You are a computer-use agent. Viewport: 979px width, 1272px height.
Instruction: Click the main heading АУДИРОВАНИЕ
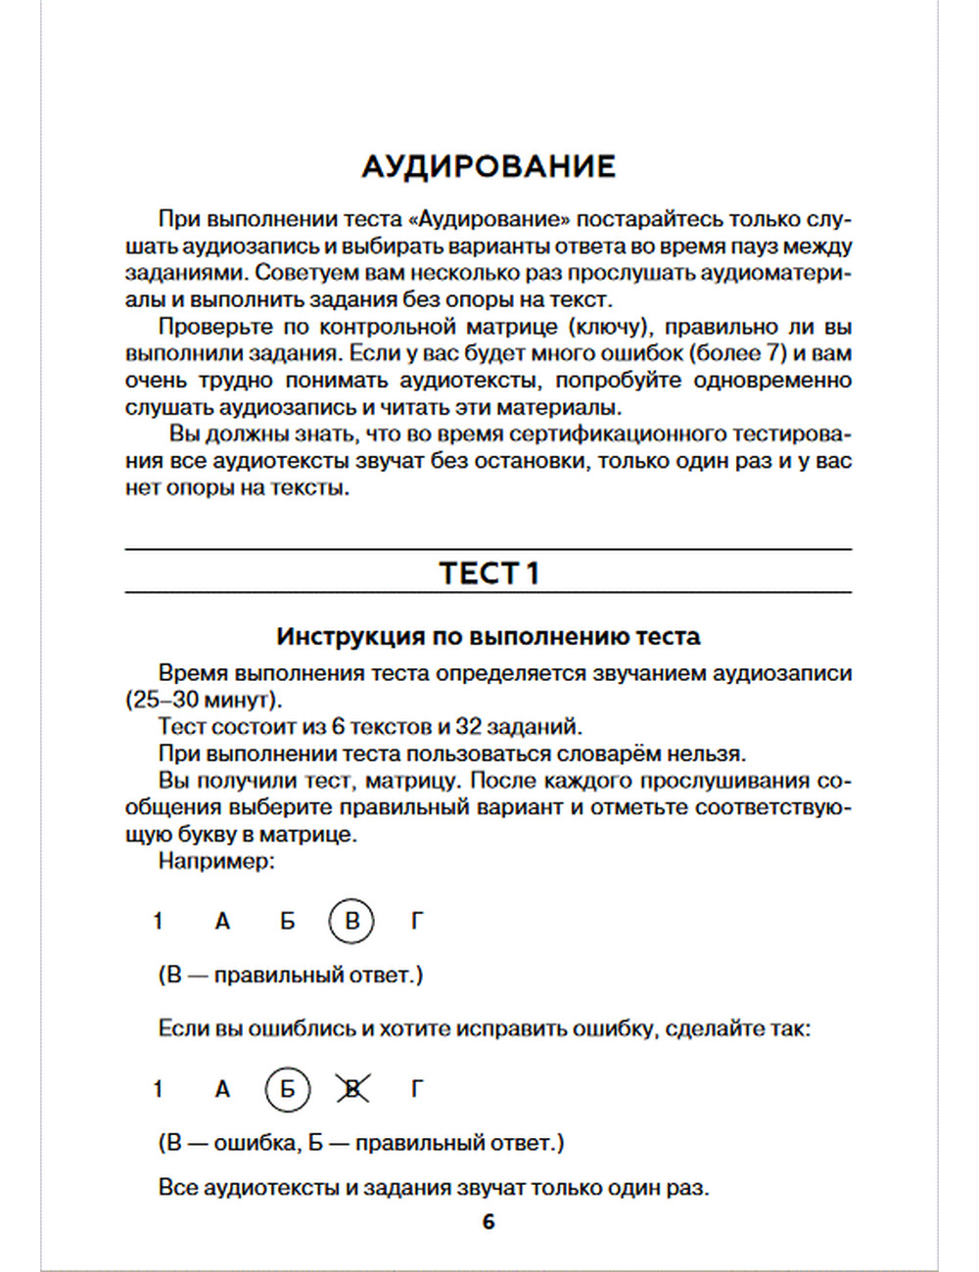pos(489,166)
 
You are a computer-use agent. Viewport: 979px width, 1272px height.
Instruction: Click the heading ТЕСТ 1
pos(489,573)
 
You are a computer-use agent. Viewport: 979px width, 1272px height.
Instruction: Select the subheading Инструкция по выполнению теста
pos(489,637)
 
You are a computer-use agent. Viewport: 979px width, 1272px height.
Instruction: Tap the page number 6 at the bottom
pos(489,1222)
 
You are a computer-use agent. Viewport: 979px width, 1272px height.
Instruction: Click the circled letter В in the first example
pos(351,921)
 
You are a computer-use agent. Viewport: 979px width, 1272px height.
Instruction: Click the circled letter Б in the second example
pos(287,1089)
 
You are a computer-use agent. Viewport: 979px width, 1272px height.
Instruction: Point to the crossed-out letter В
pos(352,1089)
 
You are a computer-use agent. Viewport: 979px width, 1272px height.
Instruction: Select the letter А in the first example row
pos(222,921)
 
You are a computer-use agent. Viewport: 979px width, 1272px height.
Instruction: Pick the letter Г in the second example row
pos(417,1089)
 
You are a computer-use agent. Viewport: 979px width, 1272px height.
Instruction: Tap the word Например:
pos(216,862)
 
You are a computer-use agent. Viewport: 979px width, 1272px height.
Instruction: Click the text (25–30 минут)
pos(204,701)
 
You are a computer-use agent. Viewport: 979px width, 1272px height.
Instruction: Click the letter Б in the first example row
pos(287,921)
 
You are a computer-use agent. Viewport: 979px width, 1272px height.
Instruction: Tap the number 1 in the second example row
pos(158,1089)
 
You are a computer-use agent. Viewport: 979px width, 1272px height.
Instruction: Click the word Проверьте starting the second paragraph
pos(210,327)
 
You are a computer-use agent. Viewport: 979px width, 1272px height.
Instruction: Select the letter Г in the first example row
pos(417,921)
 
